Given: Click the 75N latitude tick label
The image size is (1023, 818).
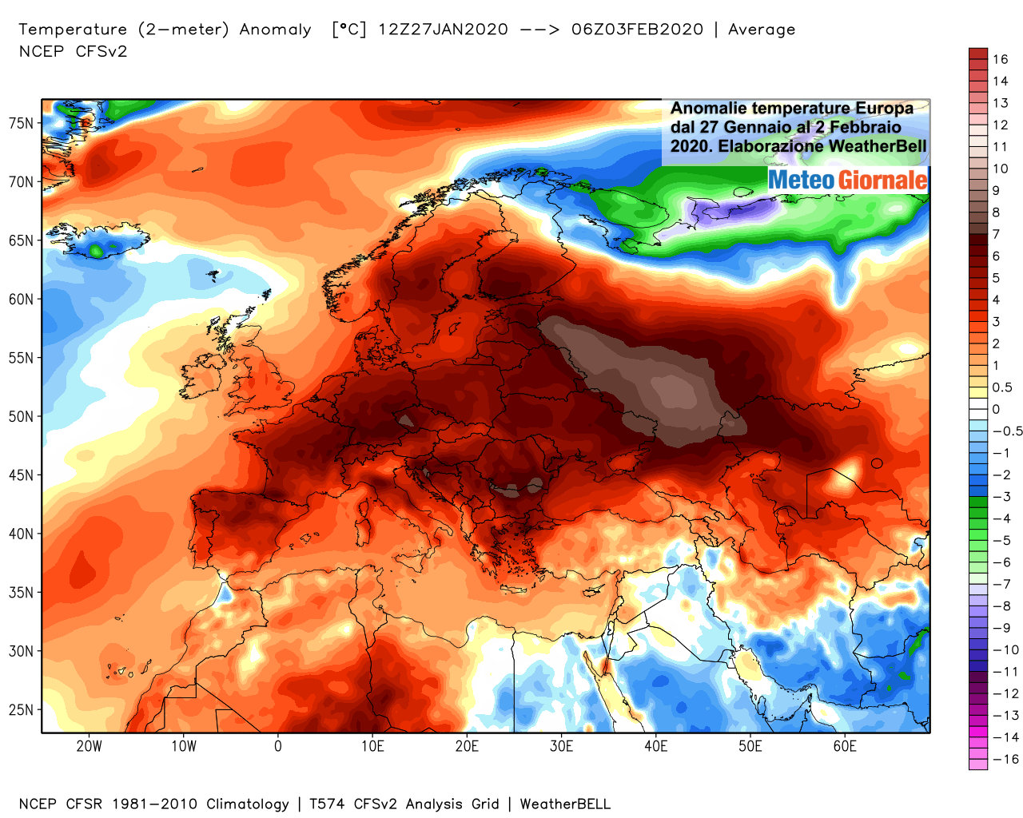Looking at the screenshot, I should (x=22, y=123).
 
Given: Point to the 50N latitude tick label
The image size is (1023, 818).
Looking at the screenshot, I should (x=22, y=416).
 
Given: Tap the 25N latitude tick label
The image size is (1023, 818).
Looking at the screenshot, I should (x=22, y=709).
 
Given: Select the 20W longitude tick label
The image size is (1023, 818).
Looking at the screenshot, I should (x=89, y=746).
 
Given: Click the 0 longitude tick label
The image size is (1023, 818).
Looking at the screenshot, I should (x=277, y=746).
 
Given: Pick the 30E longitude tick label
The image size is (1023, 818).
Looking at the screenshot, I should (x=561, y=746).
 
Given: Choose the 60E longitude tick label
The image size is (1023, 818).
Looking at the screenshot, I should (x=845, y=746).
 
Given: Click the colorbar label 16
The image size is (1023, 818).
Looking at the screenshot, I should (x=1001, y=59).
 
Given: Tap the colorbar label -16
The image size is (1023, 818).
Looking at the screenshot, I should (x=1005, y=759).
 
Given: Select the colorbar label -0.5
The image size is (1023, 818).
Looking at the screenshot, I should (x=1007, y=431).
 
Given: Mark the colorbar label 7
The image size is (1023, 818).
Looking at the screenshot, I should (x=996, y=234).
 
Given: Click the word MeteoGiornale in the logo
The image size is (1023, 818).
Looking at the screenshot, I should (x=848, y=180).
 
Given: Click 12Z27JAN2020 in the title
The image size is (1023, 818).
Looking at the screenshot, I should (x=443, y=30).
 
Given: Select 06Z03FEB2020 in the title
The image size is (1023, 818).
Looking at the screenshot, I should (x=638, y=30).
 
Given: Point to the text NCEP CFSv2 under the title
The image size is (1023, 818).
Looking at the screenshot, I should (x=73, y=52).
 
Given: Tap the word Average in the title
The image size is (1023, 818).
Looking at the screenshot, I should (x=762, y=30).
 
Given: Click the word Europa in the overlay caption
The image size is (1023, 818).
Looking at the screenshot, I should (x=884, y=108).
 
